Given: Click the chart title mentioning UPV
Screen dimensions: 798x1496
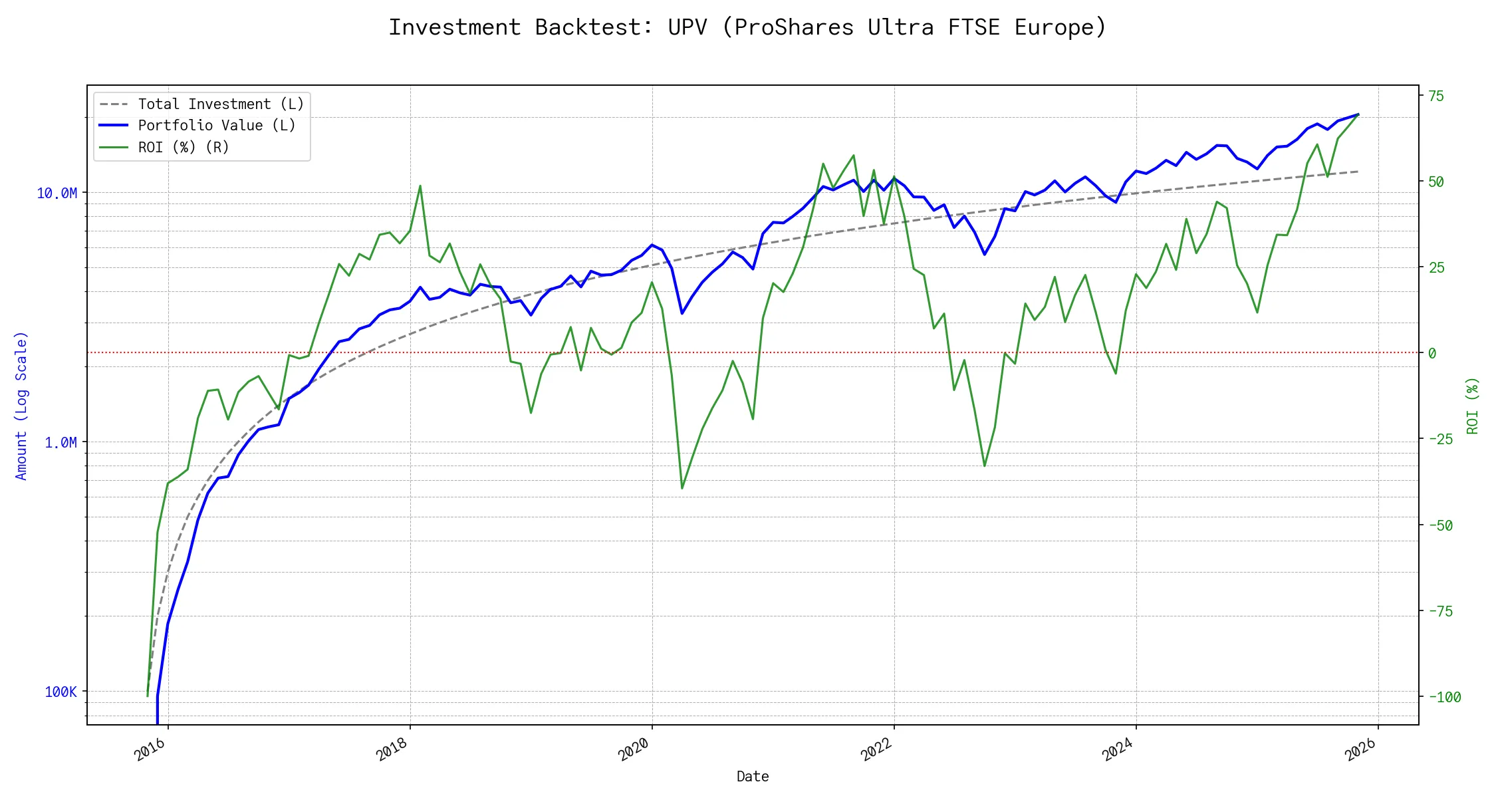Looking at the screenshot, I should pyautogui.click(x=747, y=27).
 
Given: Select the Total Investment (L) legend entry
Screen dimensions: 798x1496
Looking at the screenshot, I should pyautogui.click(x=220, y=104).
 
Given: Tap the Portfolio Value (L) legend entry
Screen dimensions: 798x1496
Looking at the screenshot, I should pyautogui.click(x=216, y=126).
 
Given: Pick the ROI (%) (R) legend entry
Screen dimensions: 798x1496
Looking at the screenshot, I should pyautogui.click(x=183, y=148).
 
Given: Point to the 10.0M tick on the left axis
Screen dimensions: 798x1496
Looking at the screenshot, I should pyautogui.click(x=57, y=194).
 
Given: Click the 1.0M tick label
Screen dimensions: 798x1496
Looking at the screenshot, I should pyautogui.click(x=61, y=443).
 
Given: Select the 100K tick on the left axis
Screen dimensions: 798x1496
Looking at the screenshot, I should pyautogui.click(x=61, y=692).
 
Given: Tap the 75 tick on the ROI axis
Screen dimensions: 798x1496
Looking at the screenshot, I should pyautogui.click(x=1436, y=96).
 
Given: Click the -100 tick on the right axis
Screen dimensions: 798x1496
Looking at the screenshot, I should pyautogui.click(x=1444, y=698).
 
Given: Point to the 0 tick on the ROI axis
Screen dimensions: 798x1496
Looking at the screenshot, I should pyautogui.click(x=1432, y=353).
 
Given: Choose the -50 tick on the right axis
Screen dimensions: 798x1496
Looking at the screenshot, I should pyautogui.click(x=1440, y=525).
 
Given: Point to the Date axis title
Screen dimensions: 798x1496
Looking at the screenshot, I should pyautogui.click(x=753, y=777).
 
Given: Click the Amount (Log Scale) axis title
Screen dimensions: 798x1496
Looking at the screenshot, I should pyautogui.click(x=21, y=406).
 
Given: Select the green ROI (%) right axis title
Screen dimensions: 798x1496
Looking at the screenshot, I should pyautogui.click(x=1473, y=406).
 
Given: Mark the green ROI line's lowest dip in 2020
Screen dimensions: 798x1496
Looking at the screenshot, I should pyautogui.click(x=682, y=489).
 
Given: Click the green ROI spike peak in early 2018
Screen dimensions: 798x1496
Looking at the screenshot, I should pyautogui.click(x=420, y=186).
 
